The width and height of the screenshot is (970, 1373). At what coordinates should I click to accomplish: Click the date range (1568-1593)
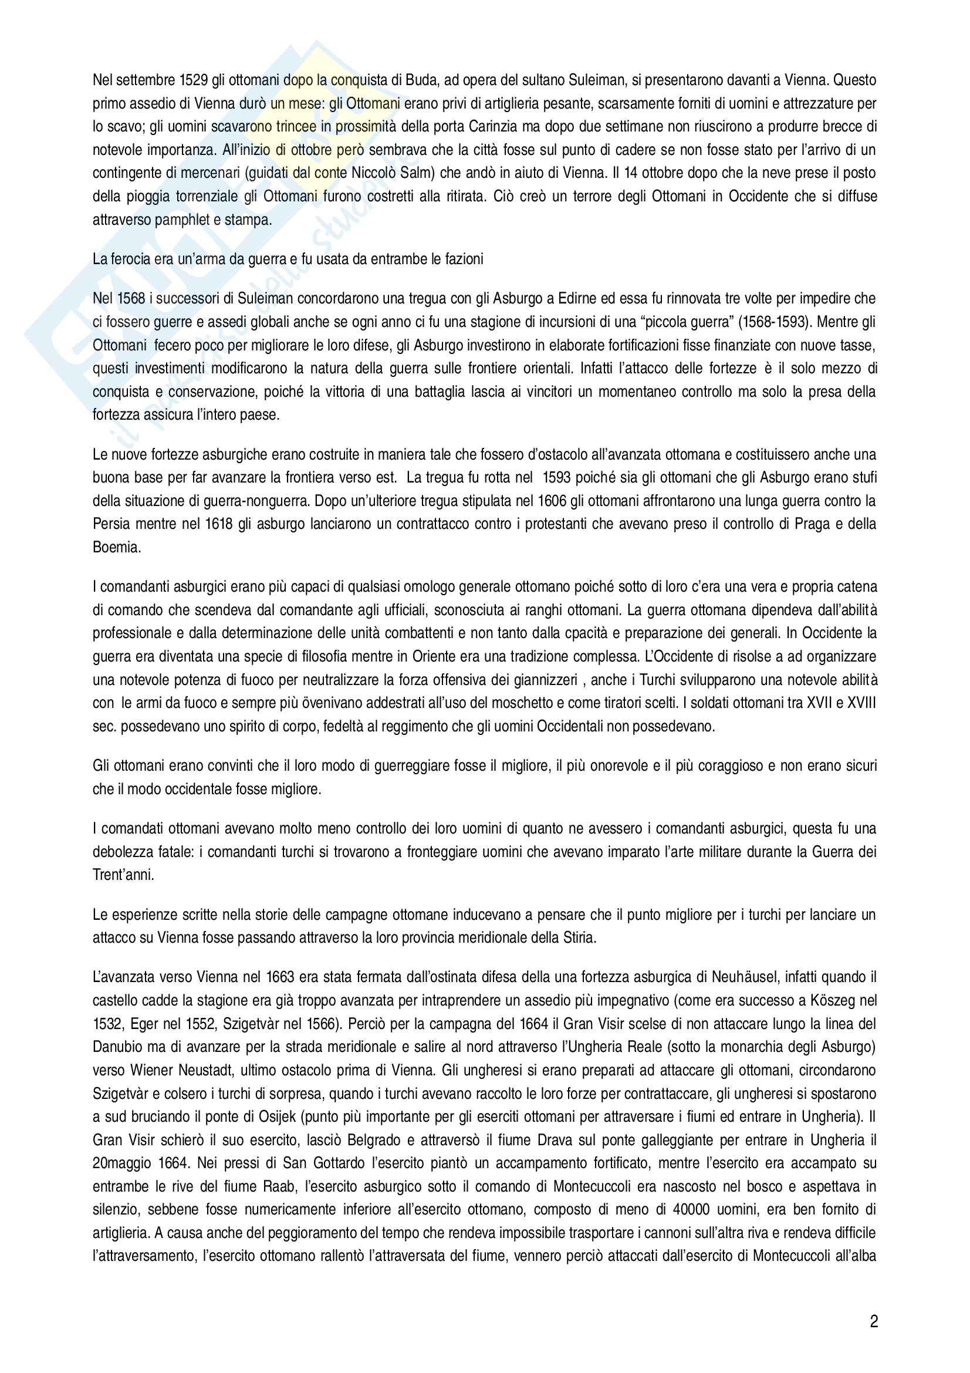[773, 322]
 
